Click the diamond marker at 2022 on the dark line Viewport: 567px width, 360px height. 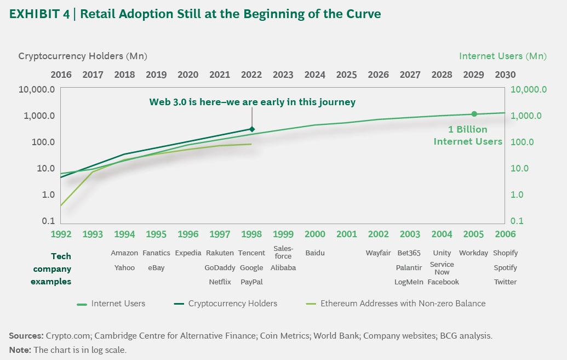252,129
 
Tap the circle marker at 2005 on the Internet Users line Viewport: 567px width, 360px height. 474,114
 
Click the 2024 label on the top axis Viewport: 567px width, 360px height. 315,75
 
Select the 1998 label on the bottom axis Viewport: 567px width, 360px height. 251,234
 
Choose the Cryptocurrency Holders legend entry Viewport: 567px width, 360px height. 232,303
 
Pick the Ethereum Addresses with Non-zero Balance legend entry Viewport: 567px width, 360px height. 403,303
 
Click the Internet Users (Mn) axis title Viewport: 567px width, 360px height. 502,56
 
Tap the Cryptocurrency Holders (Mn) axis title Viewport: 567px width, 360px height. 83,56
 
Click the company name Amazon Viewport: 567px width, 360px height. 124,253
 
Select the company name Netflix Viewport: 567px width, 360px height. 220,282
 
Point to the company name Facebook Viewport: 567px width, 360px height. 443,282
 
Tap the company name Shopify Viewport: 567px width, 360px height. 505,253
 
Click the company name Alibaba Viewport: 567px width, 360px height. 283,268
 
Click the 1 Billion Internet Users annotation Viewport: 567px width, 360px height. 467,136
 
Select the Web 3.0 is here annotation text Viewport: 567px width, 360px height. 253,102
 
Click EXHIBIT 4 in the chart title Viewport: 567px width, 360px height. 39,14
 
